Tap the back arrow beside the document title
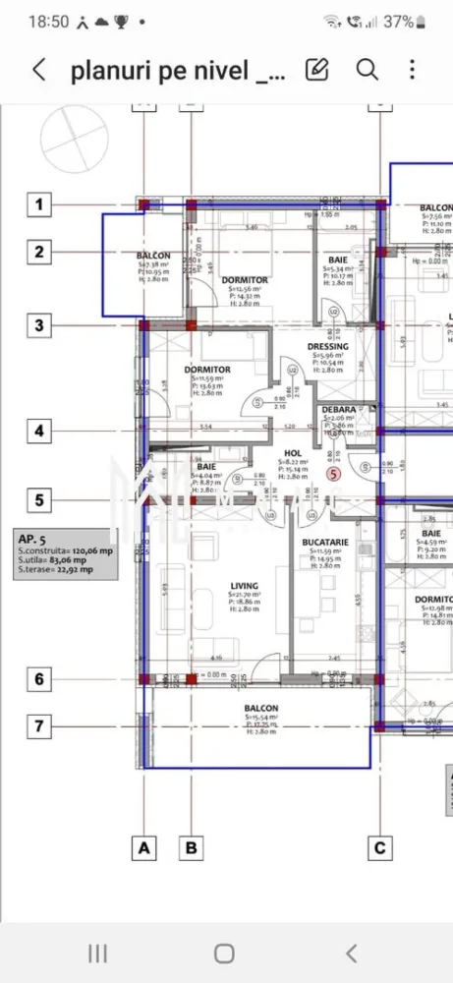point(39,70)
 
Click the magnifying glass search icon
point(367,69)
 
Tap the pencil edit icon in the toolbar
point(316,69)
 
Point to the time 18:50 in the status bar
point(49,21)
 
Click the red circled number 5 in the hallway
point(334,473)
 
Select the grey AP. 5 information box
point(64,551)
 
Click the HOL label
point(293,452)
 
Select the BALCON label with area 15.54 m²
point(260,708)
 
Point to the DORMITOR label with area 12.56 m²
point(244,280)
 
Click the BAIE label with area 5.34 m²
point(338,260)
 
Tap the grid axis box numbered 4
point(39,431)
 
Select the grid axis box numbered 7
point(39,726)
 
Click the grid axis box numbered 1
point(39,204)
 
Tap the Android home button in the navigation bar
point(225,953)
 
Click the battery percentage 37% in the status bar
point(397,21)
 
